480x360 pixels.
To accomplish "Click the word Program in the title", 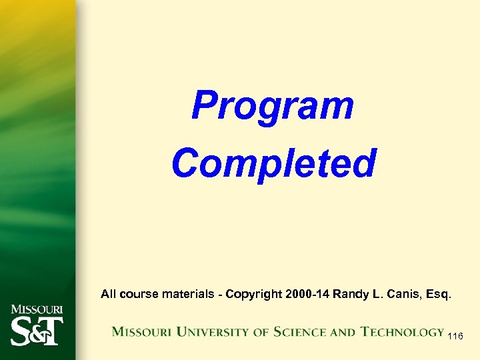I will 272,107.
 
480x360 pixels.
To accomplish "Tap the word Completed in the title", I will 274,163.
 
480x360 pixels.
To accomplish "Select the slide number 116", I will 456,337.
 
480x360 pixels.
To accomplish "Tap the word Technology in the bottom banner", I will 403,331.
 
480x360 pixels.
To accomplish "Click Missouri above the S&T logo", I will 37,309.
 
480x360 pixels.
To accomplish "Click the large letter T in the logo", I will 53,331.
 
